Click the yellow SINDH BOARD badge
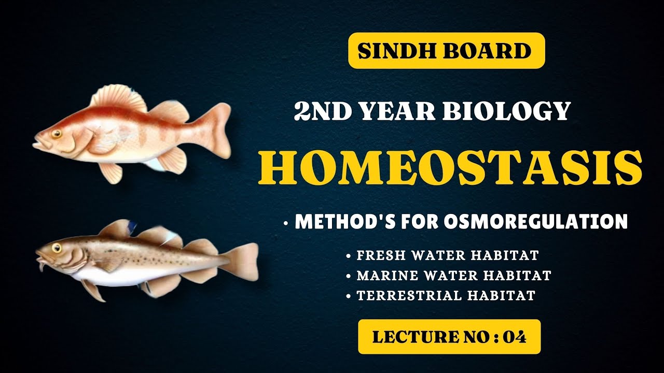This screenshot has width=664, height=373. coord(446,50)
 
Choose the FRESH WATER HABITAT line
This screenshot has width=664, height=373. coord(447,255)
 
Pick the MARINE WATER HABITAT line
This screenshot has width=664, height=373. coord(453,275)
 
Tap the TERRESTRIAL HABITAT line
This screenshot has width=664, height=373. coord(446,295)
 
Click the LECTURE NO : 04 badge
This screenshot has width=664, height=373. coord(449,337)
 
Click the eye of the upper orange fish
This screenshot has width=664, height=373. coord(56,134)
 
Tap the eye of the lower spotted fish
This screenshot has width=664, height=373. coord(56,248)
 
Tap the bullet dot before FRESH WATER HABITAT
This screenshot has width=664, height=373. coord(349,256)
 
